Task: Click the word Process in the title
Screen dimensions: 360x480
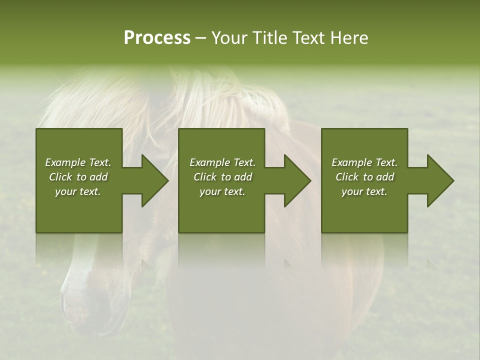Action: tap(157, 38)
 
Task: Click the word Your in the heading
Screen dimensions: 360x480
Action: tap(229, 38)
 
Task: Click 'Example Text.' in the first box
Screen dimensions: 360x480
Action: tap(78, 162)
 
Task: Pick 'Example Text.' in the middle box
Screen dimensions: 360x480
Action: tap(222, 162)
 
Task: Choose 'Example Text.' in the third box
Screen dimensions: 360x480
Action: tap(364, 162)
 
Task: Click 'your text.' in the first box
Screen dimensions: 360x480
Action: tap(78, 191)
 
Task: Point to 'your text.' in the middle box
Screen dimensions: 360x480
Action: tap(222, 191)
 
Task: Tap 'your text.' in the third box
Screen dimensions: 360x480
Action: tap(364, 191)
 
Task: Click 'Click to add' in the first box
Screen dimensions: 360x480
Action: tap(78, 177)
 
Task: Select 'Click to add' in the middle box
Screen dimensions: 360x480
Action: tap(222, 177)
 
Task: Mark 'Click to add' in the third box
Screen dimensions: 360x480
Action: tap(364, 177)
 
